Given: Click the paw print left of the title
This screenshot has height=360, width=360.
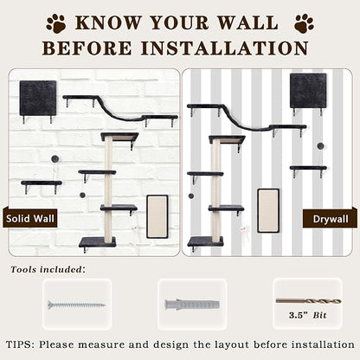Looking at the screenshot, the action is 56,22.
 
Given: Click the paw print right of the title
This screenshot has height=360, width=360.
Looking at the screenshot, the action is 304,22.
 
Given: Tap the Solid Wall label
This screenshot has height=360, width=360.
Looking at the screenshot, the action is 30,218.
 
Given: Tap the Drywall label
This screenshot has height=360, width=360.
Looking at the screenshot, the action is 331,219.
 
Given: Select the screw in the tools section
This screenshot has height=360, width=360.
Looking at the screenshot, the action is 76,305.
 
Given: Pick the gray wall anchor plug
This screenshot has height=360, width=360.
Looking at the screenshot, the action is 192,305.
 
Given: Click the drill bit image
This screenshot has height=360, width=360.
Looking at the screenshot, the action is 308,301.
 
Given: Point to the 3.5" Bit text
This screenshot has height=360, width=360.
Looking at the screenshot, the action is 307,315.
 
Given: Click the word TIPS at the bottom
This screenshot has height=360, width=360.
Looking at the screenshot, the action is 19,344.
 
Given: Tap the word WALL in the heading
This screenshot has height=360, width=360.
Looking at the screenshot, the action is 247,22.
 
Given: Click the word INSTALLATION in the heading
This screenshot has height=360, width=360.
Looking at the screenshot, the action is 225,48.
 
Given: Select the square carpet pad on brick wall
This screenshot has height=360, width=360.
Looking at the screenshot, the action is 38,98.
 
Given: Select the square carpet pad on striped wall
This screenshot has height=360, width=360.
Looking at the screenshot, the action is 308,91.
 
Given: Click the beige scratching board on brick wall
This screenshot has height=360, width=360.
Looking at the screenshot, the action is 157,216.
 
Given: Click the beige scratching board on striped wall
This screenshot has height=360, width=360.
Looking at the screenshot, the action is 268,211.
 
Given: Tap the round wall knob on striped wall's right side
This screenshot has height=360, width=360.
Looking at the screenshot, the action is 320,146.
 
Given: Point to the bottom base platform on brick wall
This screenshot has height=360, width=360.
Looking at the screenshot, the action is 98,242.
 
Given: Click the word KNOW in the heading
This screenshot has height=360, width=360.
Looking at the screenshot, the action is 109,22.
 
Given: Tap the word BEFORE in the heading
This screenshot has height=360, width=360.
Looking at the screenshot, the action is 87,48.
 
